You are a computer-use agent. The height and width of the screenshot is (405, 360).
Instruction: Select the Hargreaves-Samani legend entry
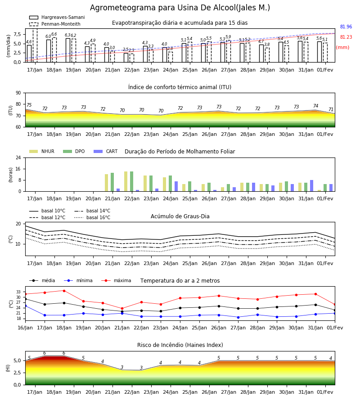coord(57,17)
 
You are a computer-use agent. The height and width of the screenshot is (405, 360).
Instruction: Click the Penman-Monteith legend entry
coord(55,24)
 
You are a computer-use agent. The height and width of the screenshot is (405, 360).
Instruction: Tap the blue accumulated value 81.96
coord(346,27)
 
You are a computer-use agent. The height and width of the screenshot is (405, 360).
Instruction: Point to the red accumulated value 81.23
coord(346,37)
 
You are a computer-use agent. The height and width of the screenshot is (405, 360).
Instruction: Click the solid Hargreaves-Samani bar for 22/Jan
coord(126,58)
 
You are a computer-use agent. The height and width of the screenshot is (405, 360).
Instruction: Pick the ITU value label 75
coord(29,105)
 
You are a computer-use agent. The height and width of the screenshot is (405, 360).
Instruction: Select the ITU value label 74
coord(315,106)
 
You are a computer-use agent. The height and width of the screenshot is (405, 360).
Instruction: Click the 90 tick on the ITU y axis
coord(18,93)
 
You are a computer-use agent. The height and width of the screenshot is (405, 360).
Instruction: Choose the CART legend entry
coord(106,151)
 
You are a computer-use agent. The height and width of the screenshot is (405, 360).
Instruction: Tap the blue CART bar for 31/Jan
coord(312,186)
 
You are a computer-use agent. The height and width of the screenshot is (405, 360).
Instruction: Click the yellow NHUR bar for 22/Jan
coord(126,181)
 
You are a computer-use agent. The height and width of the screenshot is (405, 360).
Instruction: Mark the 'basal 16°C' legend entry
coord(92,217)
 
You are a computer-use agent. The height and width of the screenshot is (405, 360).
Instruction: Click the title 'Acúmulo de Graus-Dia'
coord(180,216)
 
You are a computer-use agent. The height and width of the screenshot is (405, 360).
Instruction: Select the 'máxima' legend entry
coord(117,280)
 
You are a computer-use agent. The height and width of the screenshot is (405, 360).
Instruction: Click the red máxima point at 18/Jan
coord(64,291)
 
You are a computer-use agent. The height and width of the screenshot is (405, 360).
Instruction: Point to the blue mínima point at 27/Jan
coord(238,317)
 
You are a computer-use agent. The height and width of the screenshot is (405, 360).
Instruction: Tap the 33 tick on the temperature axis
coord(18,292)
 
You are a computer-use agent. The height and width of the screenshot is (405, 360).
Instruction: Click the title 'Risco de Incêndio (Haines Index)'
coord(180,345)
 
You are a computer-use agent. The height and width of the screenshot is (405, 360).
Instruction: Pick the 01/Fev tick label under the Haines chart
coord(325,392)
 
